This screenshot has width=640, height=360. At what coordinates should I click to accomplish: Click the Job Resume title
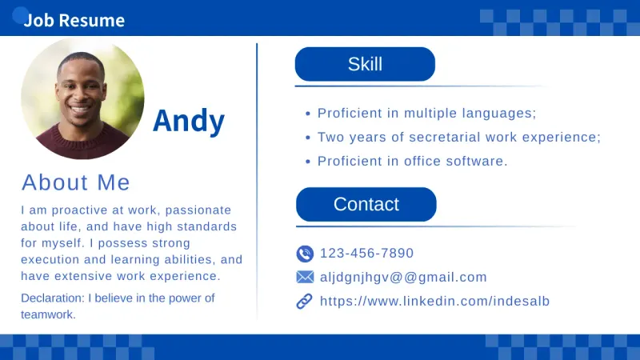(x=74, y=20)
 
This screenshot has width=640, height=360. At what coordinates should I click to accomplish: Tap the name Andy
(x=189, y=121)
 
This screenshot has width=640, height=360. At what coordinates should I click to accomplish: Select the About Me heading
(x=76, y=182)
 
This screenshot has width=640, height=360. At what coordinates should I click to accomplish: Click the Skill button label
(x=365, y=65)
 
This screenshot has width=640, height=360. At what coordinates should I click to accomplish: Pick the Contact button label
(x=366, y=205)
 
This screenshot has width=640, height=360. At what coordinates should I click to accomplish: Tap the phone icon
(x=305, y=254)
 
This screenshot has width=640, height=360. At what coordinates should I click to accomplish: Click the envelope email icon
(x=305, y=278)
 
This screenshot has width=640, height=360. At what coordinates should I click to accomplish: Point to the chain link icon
(x=305, y=302)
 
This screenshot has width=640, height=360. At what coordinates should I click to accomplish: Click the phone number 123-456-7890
(x=367, y=254)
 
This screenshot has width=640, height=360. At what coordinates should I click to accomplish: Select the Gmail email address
(x=403, y=278)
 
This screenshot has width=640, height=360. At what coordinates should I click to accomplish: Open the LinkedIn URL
(x=434, y=302)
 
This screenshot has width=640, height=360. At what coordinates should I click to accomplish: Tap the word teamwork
(x=47, y=314)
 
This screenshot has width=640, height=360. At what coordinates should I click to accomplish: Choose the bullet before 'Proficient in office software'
(x=308, y=162)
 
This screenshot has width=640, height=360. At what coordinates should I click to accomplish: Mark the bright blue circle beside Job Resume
(x=20, y=14)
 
